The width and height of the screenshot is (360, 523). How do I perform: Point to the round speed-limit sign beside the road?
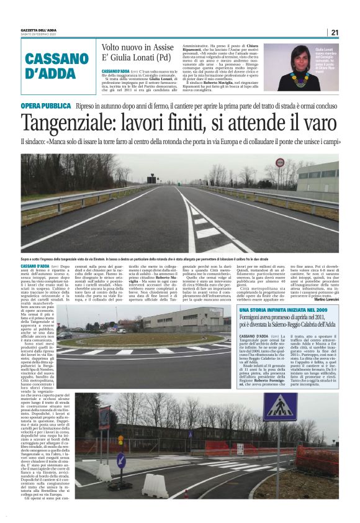point(279,165)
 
